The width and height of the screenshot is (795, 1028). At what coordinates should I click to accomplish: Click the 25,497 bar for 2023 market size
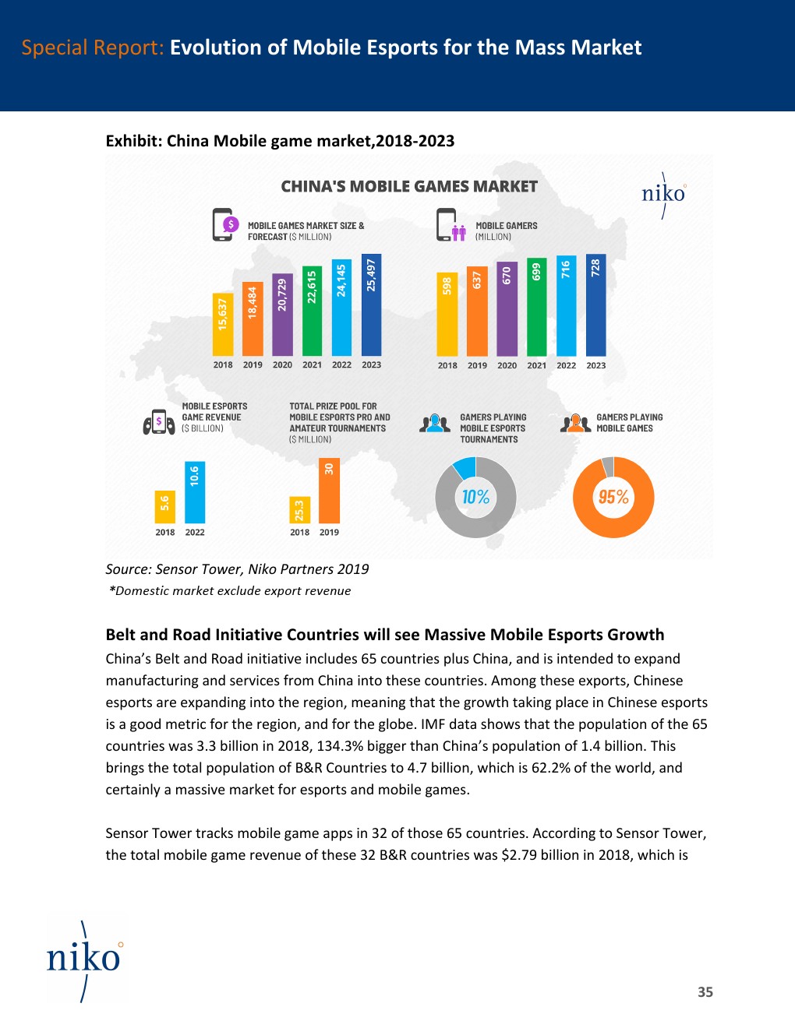372,305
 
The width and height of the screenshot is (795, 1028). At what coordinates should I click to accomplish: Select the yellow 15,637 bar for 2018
223,324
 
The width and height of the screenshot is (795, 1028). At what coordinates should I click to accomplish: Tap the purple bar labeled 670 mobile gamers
507,308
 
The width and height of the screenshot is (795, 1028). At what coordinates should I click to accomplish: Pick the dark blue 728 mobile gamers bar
595,305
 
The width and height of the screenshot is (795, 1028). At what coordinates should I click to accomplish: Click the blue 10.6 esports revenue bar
195,492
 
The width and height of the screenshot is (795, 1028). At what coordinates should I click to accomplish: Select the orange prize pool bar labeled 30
329,490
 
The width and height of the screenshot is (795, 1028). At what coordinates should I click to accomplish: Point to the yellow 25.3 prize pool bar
299,510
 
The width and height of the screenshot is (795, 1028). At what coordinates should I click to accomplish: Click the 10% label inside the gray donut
475,497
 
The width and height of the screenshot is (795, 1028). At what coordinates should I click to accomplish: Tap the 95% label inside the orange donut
613,497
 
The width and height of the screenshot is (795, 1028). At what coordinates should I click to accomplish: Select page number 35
705,992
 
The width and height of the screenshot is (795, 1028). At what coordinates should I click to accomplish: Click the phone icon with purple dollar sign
224,225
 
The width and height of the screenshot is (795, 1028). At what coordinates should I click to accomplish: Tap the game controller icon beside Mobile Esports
159,423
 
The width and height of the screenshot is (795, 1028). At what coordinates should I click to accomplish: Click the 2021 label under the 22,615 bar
312,364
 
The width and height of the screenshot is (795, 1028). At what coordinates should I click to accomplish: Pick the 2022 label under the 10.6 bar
195,533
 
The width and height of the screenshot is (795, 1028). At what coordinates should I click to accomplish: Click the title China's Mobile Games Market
409,187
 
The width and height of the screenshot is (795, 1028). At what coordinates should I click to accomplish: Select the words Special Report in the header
92,48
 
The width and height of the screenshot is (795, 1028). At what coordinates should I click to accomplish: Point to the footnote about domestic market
230,591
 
